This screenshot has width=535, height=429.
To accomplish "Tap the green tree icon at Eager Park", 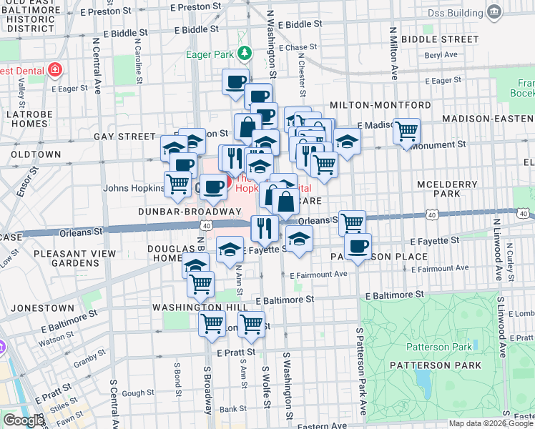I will (x=245, y=53).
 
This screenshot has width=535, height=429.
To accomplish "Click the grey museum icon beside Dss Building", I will (x=493, y=11).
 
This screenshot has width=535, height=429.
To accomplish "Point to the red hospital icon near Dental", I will (x=54, y=70).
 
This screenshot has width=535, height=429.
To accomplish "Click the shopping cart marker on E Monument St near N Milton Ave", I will (x=406, y=131).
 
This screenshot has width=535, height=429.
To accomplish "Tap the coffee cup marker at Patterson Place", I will (x=358, y=247).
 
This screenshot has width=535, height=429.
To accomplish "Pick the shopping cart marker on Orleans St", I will (x=352, y=222).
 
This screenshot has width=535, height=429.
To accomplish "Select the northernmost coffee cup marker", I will (x=235, y=82).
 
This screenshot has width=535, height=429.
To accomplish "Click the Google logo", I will (x=23, y=420).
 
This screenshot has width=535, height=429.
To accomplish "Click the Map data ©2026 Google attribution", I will (x=491, y=423).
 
